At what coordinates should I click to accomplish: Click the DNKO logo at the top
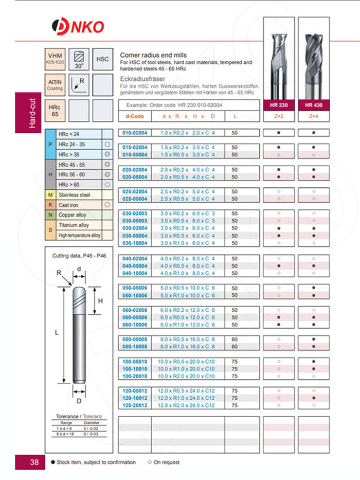click(x=78, y=26)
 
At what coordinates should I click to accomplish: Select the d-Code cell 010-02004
click(x=134, y=133)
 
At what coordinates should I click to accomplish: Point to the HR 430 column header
click(x=313, y=105)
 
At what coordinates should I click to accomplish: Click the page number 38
click(x=34, y=462)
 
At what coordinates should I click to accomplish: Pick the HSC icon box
click(x=102, y=59)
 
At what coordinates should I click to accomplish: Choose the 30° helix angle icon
click(x=79, y=59)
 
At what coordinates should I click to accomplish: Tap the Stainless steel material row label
click(x=75, y=195)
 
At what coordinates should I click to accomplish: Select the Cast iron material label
click(x=68, y=205)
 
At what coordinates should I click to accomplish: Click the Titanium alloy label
click(x=74, y=225)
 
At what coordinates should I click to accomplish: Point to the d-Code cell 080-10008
click(x=134, y=347)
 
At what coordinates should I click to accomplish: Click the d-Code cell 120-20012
click(x=134, y=405)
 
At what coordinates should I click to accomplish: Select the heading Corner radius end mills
click(x=153, y=55)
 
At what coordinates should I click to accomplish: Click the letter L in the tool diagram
click(x=57, y=333)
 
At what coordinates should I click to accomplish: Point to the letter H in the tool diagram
click(x=101, y=300)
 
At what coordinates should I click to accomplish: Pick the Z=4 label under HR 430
click(x=313, y=116)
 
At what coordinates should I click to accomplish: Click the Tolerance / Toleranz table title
click(x=77, y=416)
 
